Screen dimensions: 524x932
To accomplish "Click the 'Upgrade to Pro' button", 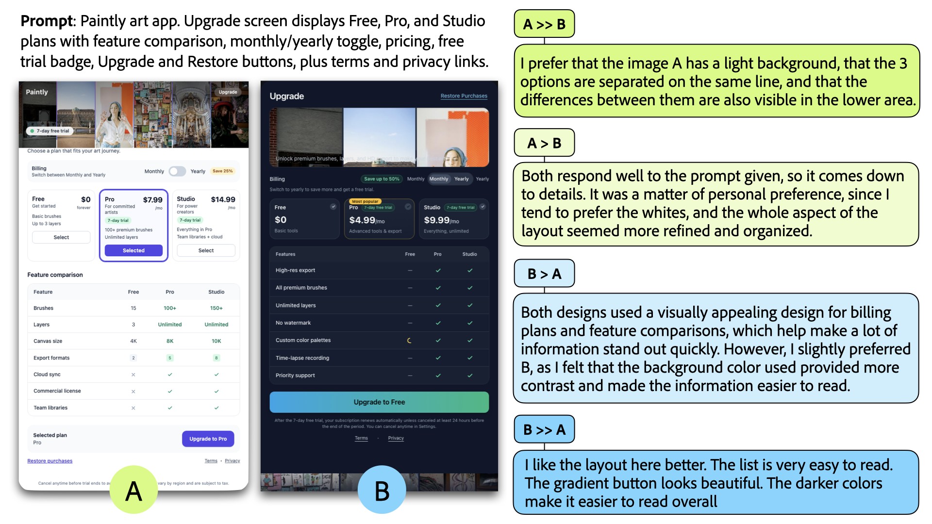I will [208, 439].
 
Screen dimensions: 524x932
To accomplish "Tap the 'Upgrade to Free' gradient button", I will [379, 402].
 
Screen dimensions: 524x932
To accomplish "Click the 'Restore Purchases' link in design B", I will [464, 96].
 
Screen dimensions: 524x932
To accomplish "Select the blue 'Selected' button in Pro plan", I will [133, 250].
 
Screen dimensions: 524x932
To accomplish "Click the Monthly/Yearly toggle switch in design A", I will [177, 171].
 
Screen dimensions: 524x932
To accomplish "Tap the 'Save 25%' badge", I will [223, 171].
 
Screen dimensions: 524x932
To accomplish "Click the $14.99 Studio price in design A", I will [223, 199].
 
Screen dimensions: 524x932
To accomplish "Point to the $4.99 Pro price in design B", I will [362, 220].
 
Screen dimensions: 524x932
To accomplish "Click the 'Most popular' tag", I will [365, 201].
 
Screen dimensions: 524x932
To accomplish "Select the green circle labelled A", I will [133, 490].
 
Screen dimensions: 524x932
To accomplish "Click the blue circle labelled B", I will [382, 490].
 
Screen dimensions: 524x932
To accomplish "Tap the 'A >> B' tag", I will [544, 24].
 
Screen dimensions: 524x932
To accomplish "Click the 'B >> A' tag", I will [544, 429].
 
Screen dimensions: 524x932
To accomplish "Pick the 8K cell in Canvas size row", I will [170, 341].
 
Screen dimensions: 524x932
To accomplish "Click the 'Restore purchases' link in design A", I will [50, 461].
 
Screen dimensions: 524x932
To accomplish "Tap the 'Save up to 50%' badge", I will [382, 179].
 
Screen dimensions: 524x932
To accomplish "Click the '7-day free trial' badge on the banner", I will [50, 131].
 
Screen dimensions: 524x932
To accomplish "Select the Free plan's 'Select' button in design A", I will [61, 237].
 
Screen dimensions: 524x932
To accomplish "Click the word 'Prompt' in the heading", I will [47, 21].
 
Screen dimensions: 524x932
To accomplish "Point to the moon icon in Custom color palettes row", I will [410, 341].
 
